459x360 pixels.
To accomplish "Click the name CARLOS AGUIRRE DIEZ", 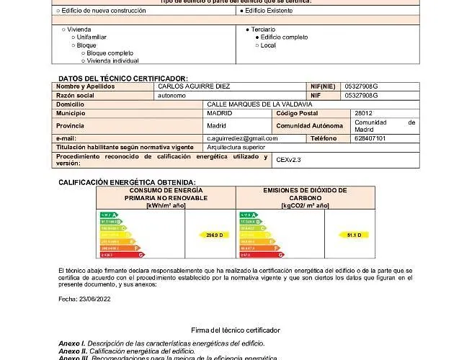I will pyautogui.click(x=194, y=86).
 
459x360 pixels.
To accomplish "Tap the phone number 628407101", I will pyautogui.click(x=370, y=138).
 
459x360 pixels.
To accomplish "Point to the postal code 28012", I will pyautogui.click(x=363, y=113).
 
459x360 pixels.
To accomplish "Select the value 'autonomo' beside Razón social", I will pyautogui.click(x=171, y=95).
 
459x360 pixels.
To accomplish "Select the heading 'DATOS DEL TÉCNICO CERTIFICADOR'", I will pyautogui.click(x=122, y=78).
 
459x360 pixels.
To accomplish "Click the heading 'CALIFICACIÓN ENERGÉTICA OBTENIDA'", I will pyautogui.click(x=127, y=183).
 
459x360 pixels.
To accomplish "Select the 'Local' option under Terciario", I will pyautogui.click(x=268, y=45).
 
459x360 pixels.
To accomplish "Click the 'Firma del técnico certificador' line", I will pyautogui.click(x=236, y=330).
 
